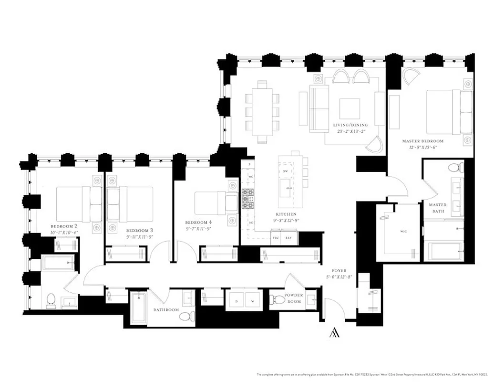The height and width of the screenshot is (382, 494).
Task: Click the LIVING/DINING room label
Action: pyautogui.click(x=350, y=125)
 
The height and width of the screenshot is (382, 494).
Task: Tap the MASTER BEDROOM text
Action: pyautogui.click(x=422, y=141)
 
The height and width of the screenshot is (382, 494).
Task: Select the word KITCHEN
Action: pyautogui.click(x=285, y=214)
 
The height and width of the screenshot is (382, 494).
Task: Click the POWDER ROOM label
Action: pyautogui.click(x=294, y=298)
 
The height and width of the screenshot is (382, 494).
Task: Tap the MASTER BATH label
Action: pyautogui.click(x=437, y=208)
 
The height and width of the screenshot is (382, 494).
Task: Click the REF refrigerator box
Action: pyautogui.click(x=288, y=237)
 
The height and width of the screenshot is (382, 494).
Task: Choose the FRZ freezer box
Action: pyautogui.click(x=276, y=237)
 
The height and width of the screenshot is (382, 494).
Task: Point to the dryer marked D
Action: pyautogui.click(x=236, y=301)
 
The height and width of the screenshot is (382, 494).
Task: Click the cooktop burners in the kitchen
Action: pyautogui.click(x=248, y=199)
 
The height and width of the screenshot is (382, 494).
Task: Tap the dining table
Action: pyautogui.click(x=262, y=112)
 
